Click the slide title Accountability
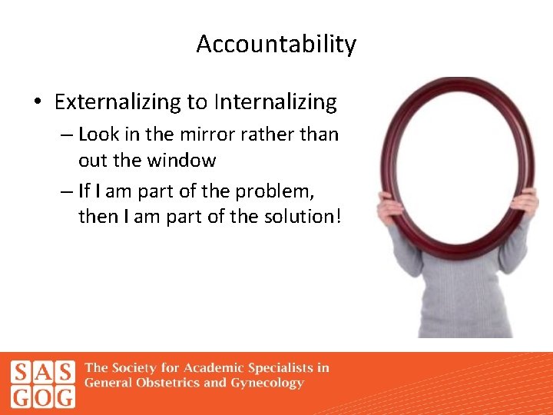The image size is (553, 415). pos(276,45)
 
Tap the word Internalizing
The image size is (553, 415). pos(276,102)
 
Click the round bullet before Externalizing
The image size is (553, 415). pos(38,102)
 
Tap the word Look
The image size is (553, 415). pos(98,134)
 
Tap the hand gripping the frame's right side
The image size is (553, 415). pos(525,201)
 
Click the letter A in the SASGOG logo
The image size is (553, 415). pos(44,373)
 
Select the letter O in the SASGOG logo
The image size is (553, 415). pos(44,397)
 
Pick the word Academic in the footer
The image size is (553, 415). pos(215,367)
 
